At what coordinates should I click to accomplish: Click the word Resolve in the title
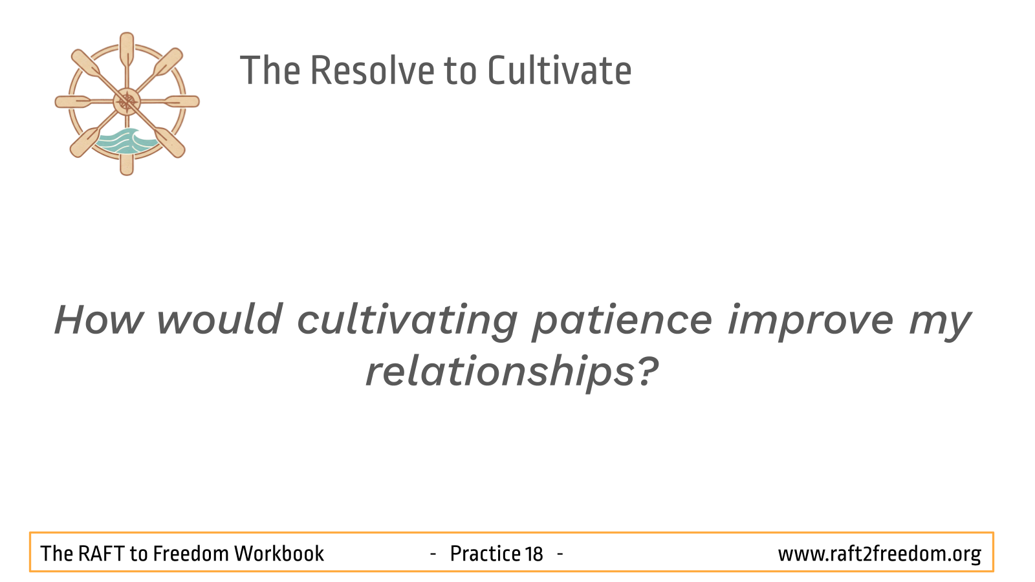pyautogui.click(x=373, y=70)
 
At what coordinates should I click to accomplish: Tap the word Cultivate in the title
pyautogui.click(x=560, y=70)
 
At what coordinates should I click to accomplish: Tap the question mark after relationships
pyautogui.click(x=648, y=371)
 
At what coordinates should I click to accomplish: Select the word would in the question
pyautogui.click(x=220, y=319)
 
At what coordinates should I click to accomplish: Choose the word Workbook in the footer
pyautogui.click(x=279, y=554)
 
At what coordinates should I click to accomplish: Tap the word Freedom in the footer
pyautogui.click(x=191, y=554)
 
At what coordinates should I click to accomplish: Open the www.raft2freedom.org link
pyautogui.click(x=880, y=554)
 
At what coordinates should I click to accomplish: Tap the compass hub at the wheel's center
pyautogui.click(x=127, y=102)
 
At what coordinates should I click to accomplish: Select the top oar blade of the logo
pyautogui.click(x=127, y=48)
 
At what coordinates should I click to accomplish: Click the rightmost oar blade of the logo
pyautogui.click(x=183, y=102)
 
